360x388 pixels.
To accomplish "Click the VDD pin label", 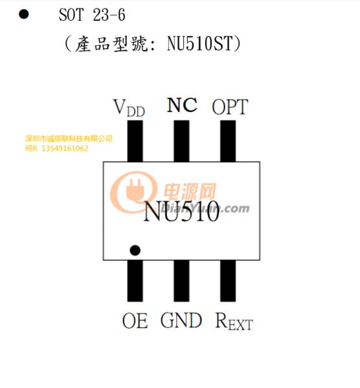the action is click(129, 108).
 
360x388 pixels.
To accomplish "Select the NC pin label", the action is click(182, 105).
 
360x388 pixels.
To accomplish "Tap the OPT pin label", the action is click(230, 107).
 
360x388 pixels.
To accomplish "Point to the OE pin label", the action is click(135, 321).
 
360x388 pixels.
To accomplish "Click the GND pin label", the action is click(181, 320).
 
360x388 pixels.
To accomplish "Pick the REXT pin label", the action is click(234, 321).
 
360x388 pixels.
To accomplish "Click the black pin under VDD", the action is click(135, 141).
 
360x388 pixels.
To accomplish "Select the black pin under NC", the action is click(181, 141).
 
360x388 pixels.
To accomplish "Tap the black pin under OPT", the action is click(228, 141).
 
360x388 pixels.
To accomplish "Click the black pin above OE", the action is click(135, 281).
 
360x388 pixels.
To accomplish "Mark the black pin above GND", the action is click(181, 281).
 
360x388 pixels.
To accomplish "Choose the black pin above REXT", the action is click(228, 281).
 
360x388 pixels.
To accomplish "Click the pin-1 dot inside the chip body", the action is click(135, 250).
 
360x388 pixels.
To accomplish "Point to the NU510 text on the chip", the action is click(181, 211).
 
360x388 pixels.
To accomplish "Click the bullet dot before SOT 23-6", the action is click(24, 14).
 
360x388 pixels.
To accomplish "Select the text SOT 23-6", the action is click(92, 15).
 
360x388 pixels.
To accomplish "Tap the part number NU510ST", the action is click(200, 43).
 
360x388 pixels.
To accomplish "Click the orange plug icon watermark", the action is click(133, 191).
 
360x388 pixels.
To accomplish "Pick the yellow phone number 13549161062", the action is click(65, 149).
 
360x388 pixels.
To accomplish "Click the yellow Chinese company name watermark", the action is click(69, 138).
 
